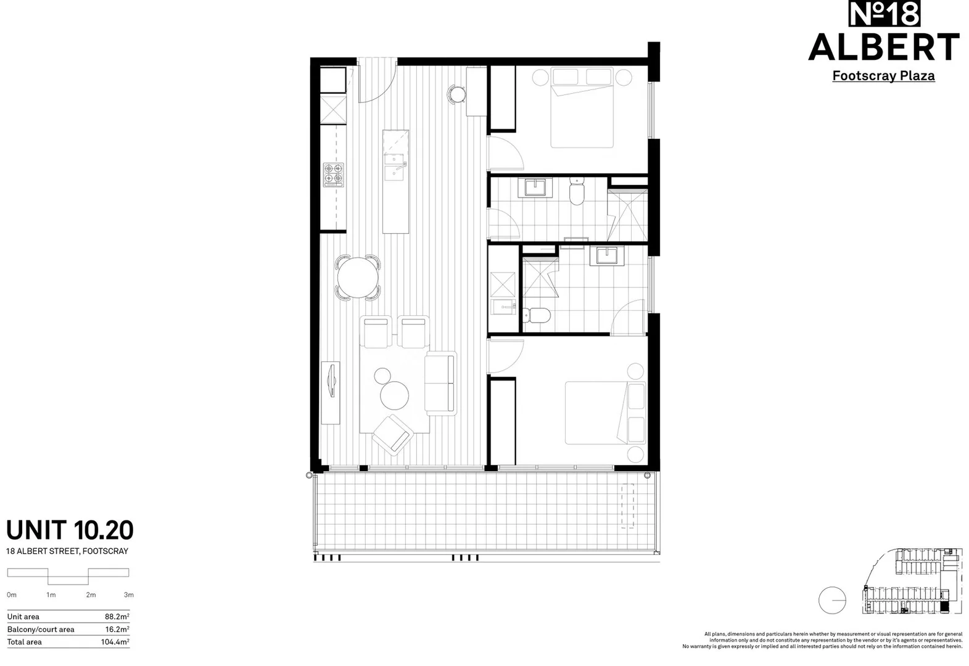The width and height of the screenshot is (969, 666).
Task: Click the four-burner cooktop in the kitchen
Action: click(333, 175)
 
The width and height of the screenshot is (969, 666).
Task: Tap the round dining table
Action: click(358, 277)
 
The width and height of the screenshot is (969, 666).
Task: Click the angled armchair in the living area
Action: click(393, 435)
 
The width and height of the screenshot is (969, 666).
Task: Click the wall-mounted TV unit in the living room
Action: click(331, 392)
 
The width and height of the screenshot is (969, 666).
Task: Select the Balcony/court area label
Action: click(41, 630)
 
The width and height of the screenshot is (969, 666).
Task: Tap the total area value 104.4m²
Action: click(115, 642)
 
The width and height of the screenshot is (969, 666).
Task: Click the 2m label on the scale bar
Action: click(91, 595)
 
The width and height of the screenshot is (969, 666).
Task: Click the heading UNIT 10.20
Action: click(70, 530)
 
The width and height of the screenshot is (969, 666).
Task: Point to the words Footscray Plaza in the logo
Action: click(883, 76)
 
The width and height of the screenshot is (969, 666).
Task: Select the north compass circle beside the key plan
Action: click(832, 600)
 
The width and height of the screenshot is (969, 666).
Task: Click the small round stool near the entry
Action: click(457, 94)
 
